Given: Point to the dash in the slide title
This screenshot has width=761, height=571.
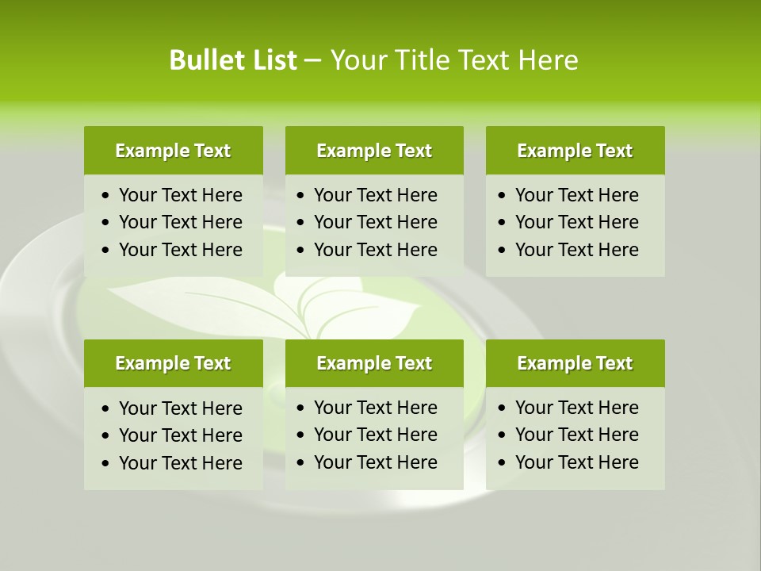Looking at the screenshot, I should pos(312,61).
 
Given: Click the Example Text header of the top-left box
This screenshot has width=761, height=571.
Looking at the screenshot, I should pos(173,151).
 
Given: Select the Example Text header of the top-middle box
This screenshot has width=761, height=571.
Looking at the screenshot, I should pos(374,151).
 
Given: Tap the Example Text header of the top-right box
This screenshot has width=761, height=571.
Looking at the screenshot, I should pos(575,151).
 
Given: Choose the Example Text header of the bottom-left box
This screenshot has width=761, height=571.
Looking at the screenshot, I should pos(173,363).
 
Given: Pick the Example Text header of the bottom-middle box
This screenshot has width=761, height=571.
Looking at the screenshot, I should pos(374,363).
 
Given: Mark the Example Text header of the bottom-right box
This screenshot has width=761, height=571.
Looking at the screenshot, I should pos(575,363).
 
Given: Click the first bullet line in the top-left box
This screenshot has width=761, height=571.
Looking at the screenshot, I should pos(181,195).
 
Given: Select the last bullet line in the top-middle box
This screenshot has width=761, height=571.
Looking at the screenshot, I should pos(376,250).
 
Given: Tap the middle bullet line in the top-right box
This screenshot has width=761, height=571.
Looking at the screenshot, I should pos(577,222).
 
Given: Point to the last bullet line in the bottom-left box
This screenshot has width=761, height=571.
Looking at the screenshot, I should pos(181,463).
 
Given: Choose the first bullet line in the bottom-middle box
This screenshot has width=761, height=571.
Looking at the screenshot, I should pos(376,408).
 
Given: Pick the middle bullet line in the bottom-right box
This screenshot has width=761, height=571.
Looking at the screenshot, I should pos(577,435).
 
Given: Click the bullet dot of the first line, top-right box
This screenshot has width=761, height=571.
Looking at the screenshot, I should pos(502,196).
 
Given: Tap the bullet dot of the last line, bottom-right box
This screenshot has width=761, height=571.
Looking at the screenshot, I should pos(502,463).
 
